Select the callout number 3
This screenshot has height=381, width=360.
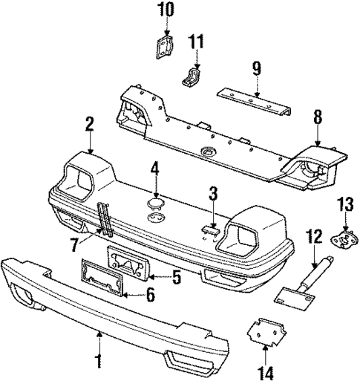[x=213, y=195]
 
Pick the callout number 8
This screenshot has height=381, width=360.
[x=317, y=117]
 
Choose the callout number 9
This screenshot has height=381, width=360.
[x=256, y=68]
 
